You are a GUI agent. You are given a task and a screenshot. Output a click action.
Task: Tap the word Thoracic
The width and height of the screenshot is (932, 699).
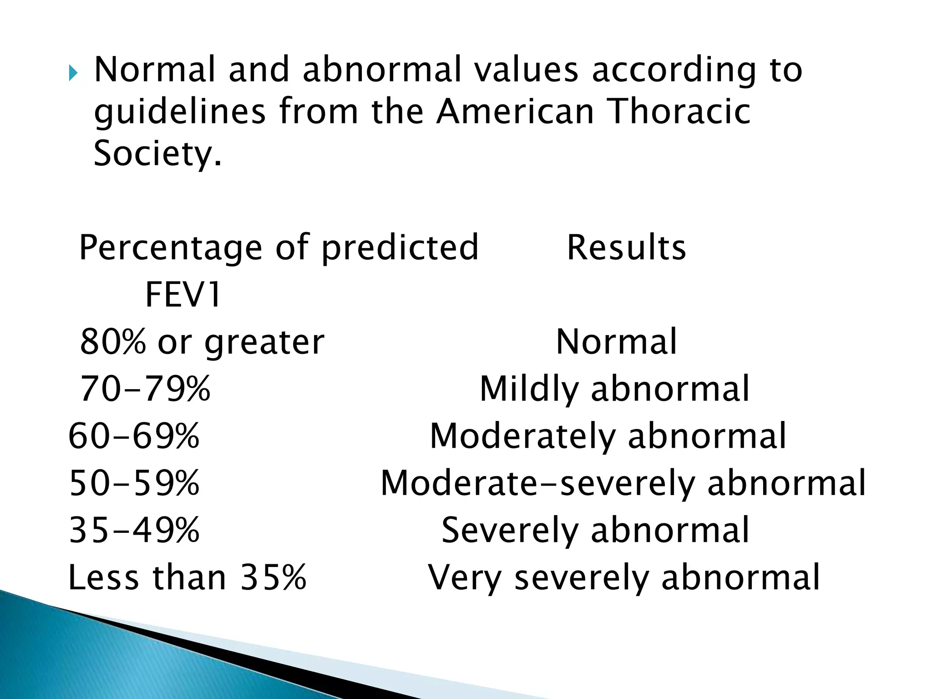click(679, 112)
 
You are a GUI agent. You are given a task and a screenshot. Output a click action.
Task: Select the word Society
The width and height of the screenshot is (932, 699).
click(157, 153)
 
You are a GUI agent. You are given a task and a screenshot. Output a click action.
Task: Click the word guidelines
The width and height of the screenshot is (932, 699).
click(179, 113)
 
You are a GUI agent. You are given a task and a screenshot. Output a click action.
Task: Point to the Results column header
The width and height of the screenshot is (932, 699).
click(626, 248)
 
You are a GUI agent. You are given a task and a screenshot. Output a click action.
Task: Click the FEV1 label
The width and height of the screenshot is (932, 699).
click(183, 295)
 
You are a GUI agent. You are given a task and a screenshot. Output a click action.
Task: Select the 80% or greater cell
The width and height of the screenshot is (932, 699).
click(202, 342)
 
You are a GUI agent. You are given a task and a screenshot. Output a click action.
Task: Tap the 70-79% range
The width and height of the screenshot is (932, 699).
click(145, 389)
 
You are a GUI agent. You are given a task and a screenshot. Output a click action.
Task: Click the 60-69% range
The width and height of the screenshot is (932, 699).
click(134, 436)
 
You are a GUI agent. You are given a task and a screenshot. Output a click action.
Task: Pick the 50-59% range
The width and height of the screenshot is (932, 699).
click(134, 483)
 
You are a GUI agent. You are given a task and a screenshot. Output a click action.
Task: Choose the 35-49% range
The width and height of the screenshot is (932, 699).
click(134, 530)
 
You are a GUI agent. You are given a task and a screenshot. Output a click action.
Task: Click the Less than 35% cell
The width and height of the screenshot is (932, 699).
click(187, 577)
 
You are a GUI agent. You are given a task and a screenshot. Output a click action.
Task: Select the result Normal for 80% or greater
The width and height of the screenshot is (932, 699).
click(616, 342)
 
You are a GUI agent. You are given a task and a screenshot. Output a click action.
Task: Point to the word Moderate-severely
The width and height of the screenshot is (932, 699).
click(537, 483)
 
